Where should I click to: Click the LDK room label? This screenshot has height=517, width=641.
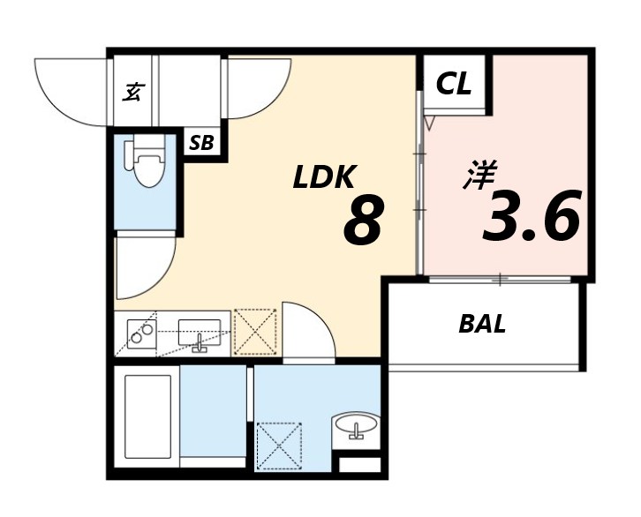324,177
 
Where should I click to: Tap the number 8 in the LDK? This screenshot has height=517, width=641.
364,220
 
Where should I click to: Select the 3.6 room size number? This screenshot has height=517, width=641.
532,214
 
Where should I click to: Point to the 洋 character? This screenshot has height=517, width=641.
479,175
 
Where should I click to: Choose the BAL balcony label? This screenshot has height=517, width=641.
482,325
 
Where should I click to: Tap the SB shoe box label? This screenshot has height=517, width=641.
201,143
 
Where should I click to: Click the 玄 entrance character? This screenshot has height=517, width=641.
132,92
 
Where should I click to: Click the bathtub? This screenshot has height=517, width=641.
147,416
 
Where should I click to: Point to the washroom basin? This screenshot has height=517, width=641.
356,426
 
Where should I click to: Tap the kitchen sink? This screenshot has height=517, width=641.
199,333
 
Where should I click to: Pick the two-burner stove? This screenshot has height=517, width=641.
141,333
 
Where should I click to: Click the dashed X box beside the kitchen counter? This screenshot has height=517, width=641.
255,333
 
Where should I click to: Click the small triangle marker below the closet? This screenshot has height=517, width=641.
428,123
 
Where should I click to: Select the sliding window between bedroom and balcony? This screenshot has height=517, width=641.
500,280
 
